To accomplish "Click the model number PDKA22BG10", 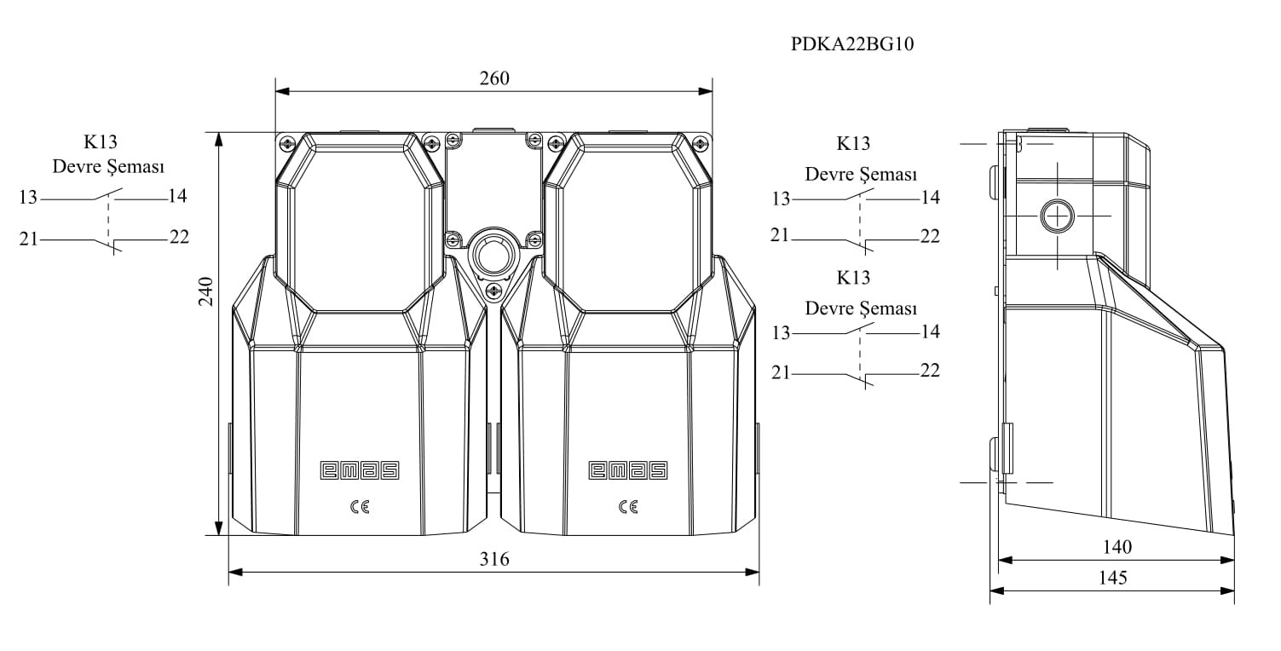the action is pos(852,44).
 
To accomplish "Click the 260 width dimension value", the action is pos(494,78).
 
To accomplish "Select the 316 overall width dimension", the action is pos(494,559).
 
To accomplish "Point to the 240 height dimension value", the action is pos(206,291).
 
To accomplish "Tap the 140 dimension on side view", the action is pos(1117,547).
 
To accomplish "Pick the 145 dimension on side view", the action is pos(1113,578).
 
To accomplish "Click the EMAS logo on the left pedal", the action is pos(360,470).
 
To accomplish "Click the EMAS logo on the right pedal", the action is pos(628,470).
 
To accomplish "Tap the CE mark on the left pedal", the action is pos(360,507).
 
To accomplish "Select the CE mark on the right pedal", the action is pos(628,507).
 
